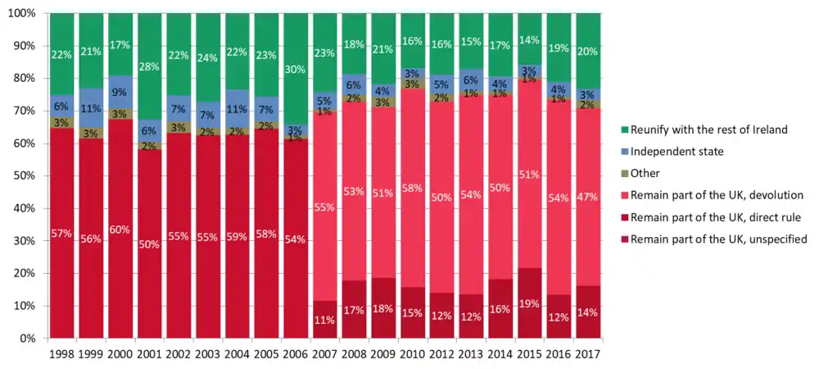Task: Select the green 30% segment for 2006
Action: [296, 69]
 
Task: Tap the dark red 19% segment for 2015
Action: [528, 303]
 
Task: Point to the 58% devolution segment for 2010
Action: [412, 189]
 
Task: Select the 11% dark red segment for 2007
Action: [325, 320]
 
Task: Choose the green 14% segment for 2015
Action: [528, 39]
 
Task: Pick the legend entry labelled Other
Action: [647, 173]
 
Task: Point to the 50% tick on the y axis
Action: [26, 175]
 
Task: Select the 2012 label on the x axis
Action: [441, 354]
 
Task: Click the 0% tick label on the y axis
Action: [29, 338]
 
